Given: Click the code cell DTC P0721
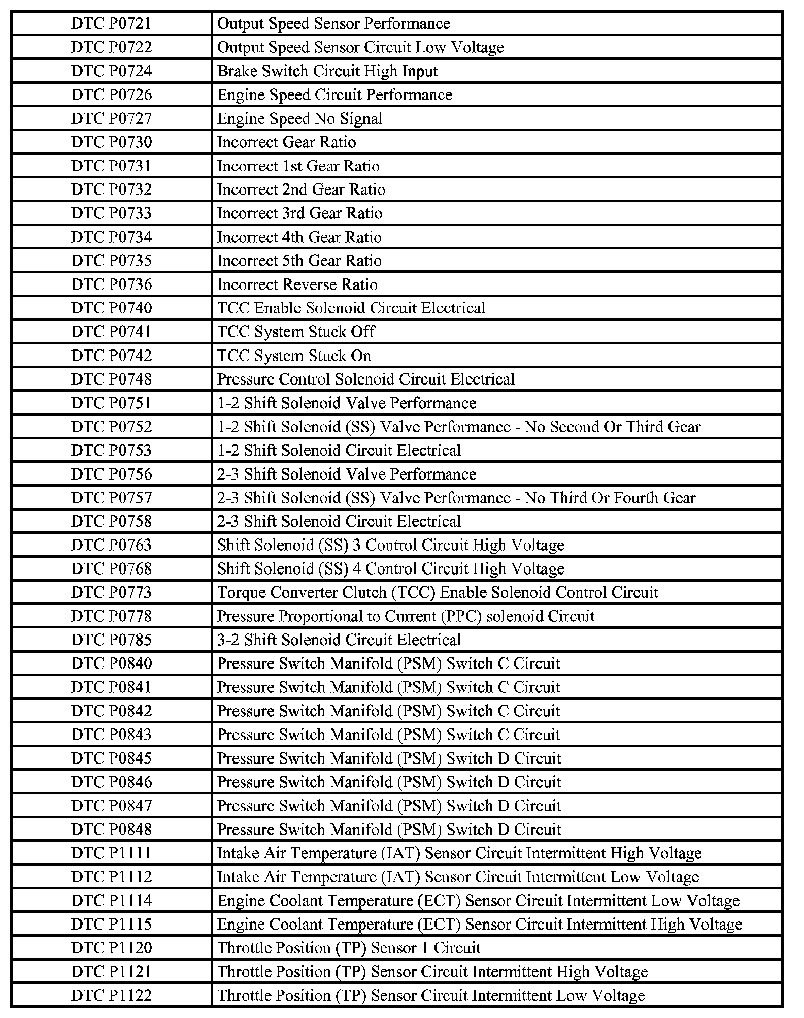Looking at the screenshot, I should tap(111, 24).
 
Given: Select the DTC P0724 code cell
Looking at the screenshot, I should tap(111, 71).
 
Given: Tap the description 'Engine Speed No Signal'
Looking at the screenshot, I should tap(299, 119).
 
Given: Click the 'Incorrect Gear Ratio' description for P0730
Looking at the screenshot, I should tap(286, 142).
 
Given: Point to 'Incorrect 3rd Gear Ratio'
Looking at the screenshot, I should tap(299, 213).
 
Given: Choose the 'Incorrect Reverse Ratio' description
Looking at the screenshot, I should tap(297, 284).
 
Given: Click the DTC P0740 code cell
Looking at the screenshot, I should tap(111, 308).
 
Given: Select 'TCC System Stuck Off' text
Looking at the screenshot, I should tap(296, 332).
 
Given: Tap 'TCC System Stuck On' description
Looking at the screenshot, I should tap(294, 356).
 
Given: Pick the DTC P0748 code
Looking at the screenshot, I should tap(111, 379).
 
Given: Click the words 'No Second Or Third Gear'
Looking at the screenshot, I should tap(613, 427).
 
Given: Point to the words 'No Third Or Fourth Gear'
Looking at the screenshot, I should tap(610, 498).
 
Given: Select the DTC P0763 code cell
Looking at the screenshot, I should tap(111, 545).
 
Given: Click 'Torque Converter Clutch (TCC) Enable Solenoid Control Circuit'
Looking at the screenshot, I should tap(438, 592).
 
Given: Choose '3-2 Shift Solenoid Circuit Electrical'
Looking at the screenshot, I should tap(339, 640).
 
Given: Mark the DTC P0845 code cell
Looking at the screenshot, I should tap(111, 758).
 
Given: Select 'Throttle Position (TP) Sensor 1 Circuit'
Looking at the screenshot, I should tap(349, 948).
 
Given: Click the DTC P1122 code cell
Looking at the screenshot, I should tap(111, 995).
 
